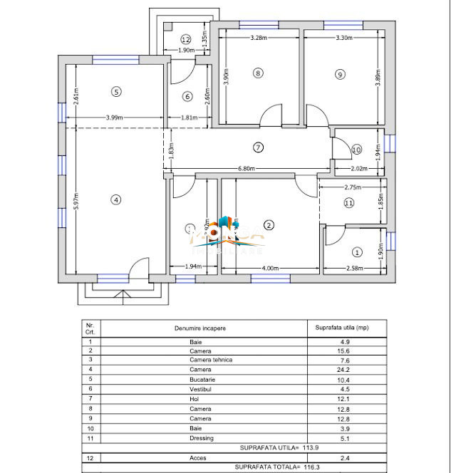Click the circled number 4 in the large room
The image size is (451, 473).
[115, 199]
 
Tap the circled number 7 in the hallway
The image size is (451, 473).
[259, 147]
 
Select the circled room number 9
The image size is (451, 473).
[340, 73]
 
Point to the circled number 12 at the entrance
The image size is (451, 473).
[185, 39]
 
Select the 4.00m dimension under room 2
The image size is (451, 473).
[270, 268]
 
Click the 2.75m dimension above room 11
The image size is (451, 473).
[353, 187]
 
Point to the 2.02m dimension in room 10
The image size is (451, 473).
[360, 169]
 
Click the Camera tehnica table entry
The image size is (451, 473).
[210, 360]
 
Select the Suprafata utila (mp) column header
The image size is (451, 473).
[343, 328]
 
